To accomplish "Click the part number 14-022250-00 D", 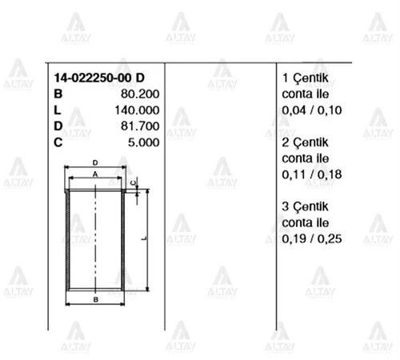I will coord(99,78).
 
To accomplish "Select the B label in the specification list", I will coord(58,94).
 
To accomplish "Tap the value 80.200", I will coord(139,94).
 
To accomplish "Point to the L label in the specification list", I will coord(57,110).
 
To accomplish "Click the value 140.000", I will coord(137,110).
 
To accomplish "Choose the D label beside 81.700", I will coord(58,126).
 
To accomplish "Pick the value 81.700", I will coord(139,126).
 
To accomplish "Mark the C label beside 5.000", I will coord(58,142).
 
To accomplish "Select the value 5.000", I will coord(142,142).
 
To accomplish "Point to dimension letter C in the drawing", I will coord(133,182).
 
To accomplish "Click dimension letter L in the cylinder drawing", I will coord(142,238).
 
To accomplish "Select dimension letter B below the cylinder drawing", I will coord(94,299).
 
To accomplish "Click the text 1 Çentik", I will coord(306,78).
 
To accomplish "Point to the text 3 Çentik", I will coord(306,206).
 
